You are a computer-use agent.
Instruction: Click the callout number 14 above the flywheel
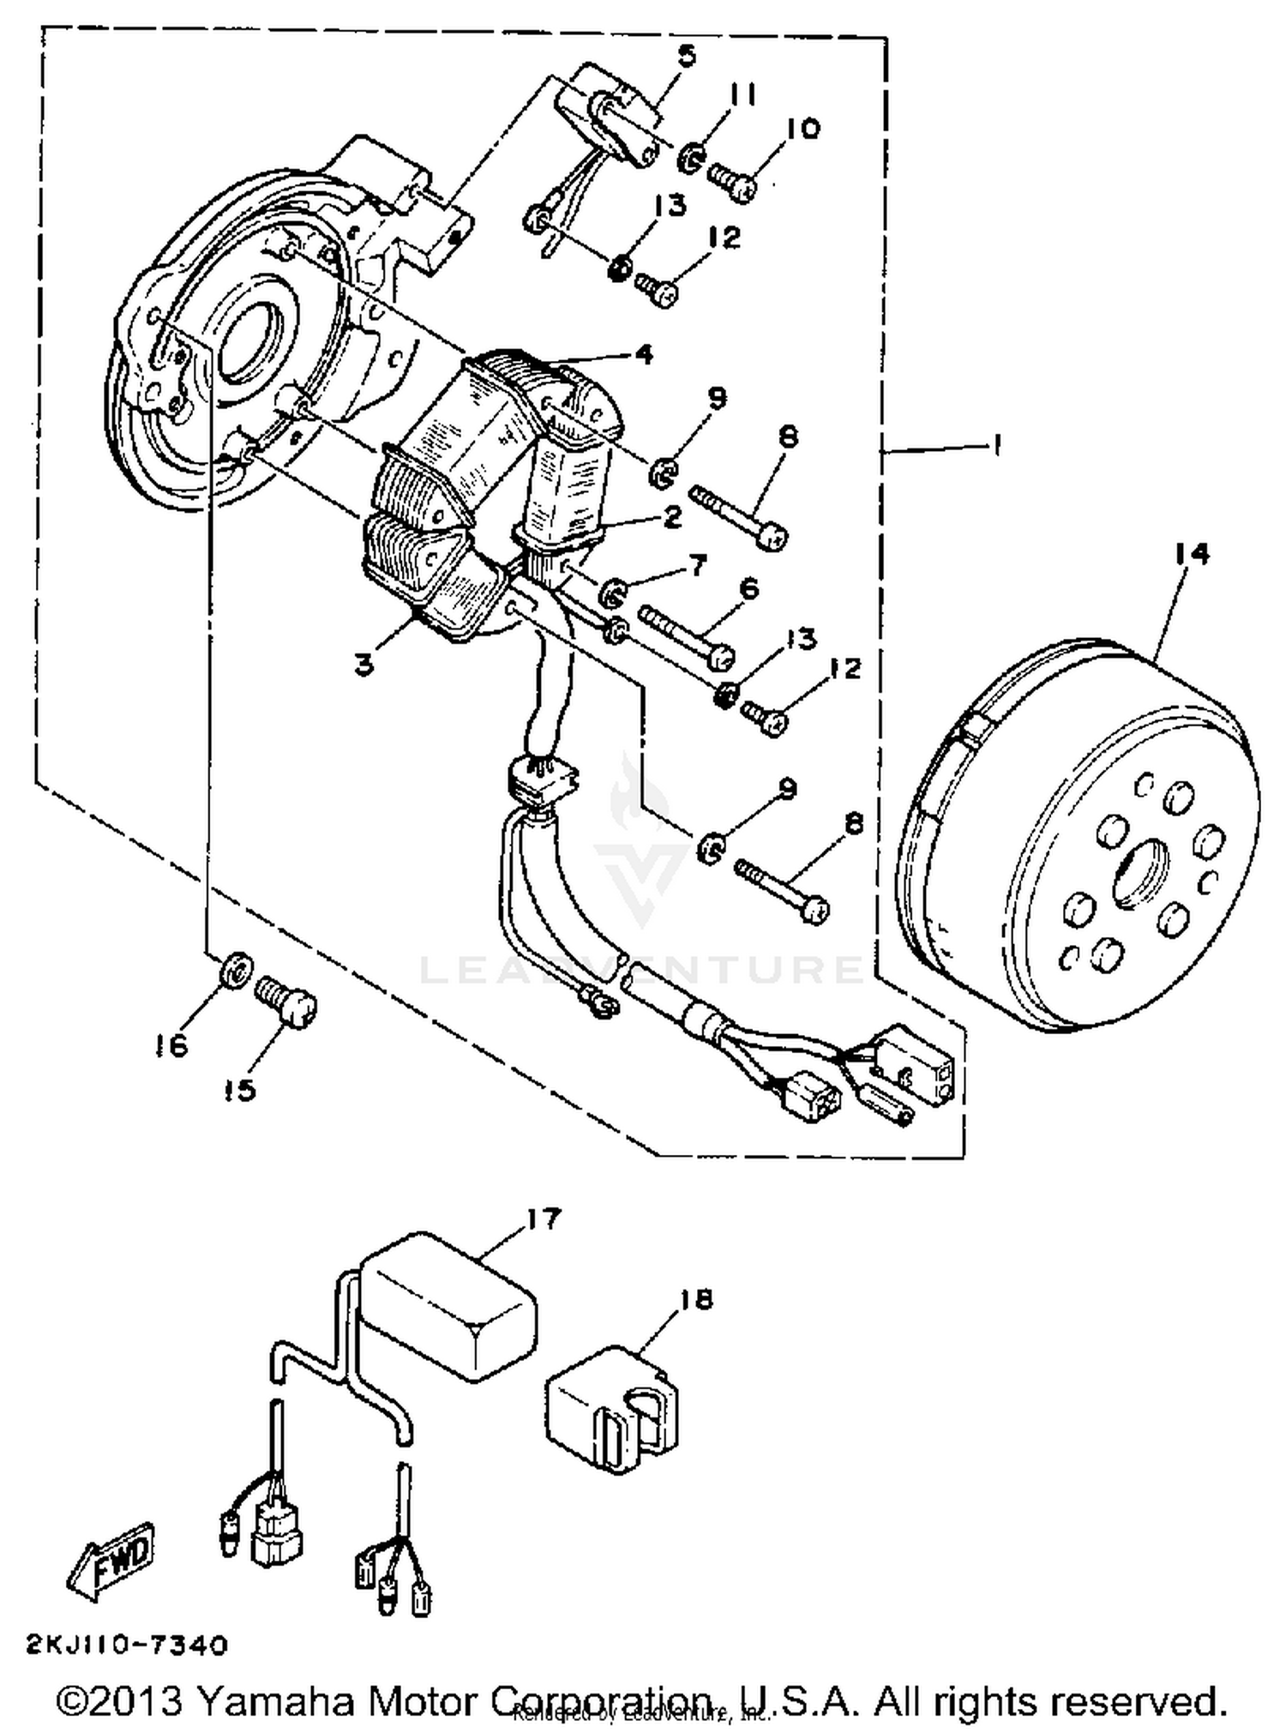(x=1192, y=554)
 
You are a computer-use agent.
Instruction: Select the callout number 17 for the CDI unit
(x=544, y=1219)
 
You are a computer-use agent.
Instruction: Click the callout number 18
(x=697, y=1300)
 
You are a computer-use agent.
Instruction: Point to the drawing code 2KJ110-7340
(x=128, y=1645)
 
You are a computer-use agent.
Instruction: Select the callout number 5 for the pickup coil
(x=686, y=57)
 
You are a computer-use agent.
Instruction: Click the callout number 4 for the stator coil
(x=643, y=353)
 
